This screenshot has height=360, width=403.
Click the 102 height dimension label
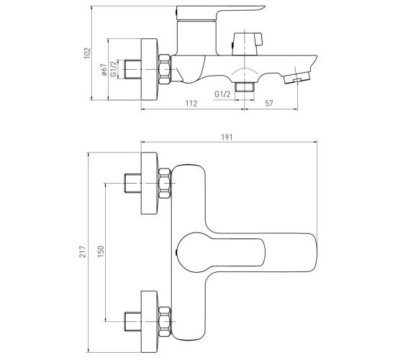tap(87, 53)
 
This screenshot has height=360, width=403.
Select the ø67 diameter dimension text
tap(104, 70)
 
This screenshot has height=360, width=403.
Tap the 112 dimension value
tap(191, 104)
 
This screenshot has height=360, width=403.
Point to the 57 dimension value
tap(269, 104)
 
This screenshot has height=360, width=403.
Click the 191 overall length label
tap(227, 138)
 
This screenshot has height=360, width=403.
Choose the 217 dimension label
tap(82, 251)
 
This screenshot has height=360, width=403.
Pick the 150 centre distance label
tap(101, 251)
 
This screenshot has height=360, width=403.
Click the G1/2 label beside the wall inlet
tap(114, 69)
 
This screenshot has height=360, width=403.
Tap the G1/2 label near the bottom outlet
tap(222, 94)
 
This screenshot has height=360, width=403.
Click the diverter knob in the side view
tap(247, 44)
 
